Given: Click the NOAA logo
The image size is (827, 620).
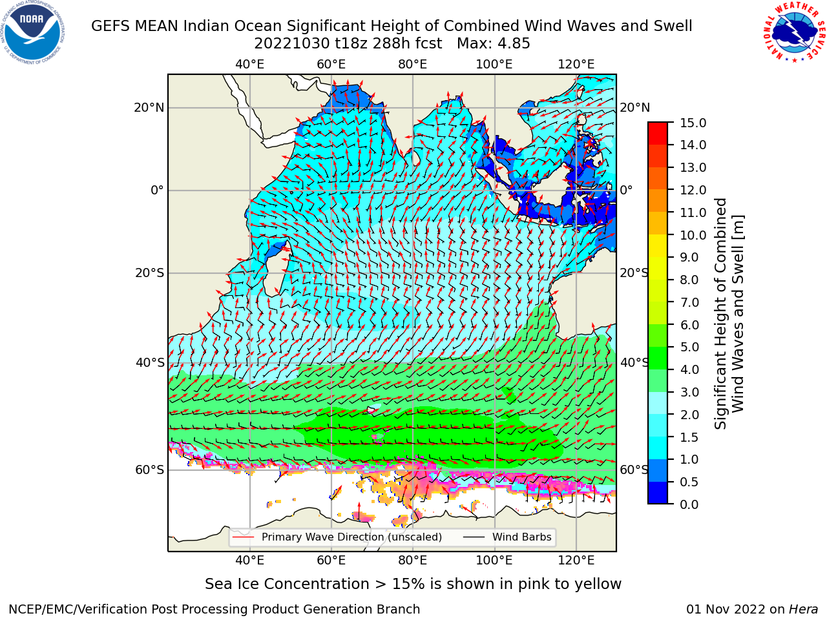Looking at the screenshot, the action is tap(32, 32).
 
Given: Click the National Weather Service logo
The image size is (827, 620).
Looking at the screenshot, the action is tap(795, 32).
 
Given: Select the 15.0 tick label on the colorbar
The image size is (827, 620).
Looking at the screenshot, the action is tap(693, 123).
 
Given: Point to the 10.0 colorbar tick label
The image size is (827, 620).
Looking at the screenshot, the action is tap(693, 235).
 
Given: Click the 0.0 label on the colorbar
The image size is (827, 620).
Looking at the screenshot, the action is tap(689, 504).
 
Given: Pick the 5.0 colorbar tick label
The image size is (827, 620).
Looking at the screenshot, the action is tap(689, 347).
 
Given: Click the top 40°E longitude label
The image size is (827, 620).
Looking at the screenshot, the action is tap(250, 65).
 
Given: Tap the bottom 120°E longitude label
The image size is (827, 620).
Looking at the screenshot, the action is tap(576, 561).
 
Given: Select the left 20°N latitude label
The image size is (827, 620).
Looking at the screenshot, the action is tap(149, 108).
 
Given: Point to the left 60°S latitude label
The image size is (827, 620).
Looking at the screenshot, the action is tap(150, 470).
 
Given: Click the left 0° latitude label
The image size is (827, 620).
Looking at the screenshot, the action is tap(157, 190).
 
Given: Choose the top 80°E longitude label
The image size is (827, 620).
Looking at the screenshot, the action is tap(413, 65).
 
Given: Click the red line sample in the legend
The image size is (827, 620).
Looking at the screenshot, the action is tap(244, 537).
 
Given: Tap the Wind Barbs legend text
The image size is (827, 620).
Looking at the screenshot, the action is tap(522, 537).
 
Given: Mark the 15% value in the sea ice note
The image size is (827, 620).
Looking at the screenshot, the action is tap(409, 584).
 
